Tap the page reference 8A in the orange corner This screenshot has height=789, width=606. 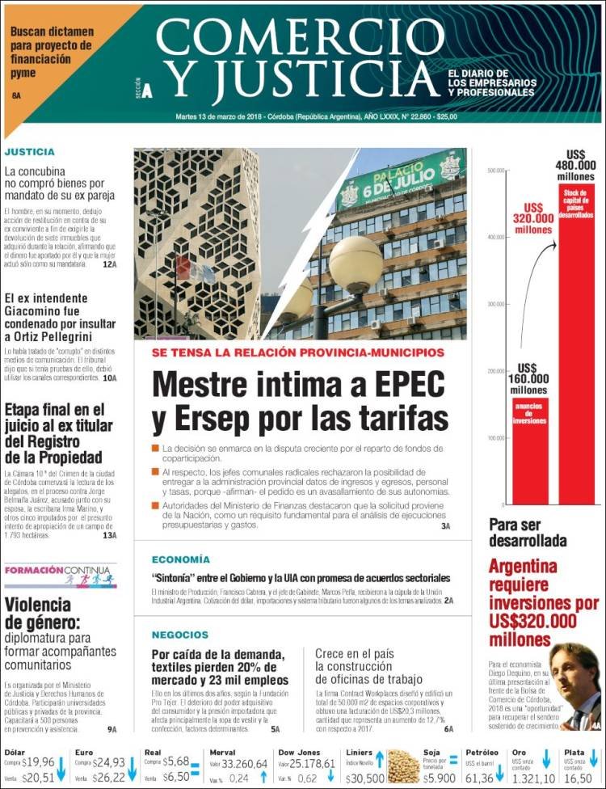click(x=16, y=96)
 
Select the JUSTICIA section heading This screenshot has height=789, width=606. click(x=30, y=151)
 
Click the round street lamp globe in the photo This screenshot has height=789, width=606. click(x=356, y=264)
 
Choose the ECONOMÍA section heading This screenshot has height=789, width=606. click(x=181, y=559)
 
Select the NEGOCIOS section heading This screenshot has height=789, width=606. click(x=180, y=635)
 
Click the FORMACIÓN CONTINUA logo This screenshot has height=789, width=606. click(x=60, y=575)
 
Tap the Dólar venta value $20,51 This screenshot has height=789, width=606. click(x=38, y=778)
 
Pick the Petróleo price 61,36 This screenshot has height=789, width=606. click(x=478, y=778)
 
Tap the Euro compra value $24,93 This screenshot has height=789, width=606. click(x=108, y=763)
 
